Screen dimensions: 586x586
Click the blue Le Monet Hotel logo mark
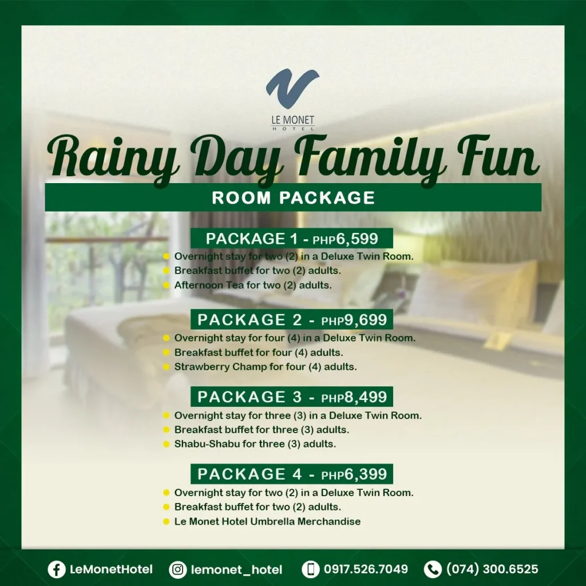(292, 88)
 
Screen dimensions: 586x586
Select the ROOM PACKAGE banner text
(293, 197)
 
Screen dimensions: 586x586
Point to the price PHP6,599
(345, 239)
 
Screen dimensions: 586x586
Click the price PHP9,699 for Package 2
(354, 320)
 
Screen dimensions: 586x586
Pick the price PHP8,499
(354, 397)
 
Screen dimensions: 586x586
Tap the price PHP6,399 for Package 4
(354, 474)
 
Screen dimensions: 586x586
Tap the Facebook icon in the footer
(57, 569)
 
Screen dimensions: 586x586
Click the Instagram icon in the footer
(178, 569)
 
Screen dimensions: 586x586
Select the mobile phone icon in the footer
(311, 569)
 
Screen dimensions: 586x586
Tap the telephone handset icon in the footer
(433, 569)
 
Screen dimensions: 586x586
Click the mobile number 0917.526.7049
(366, 569)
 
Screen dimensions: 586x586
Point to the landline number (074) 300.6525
(492, 569)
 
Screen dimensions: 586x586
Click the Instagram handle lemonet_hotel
(236, 569)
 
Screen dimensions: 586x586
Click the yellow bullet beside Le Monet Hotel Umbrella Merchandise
(167, 521)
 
